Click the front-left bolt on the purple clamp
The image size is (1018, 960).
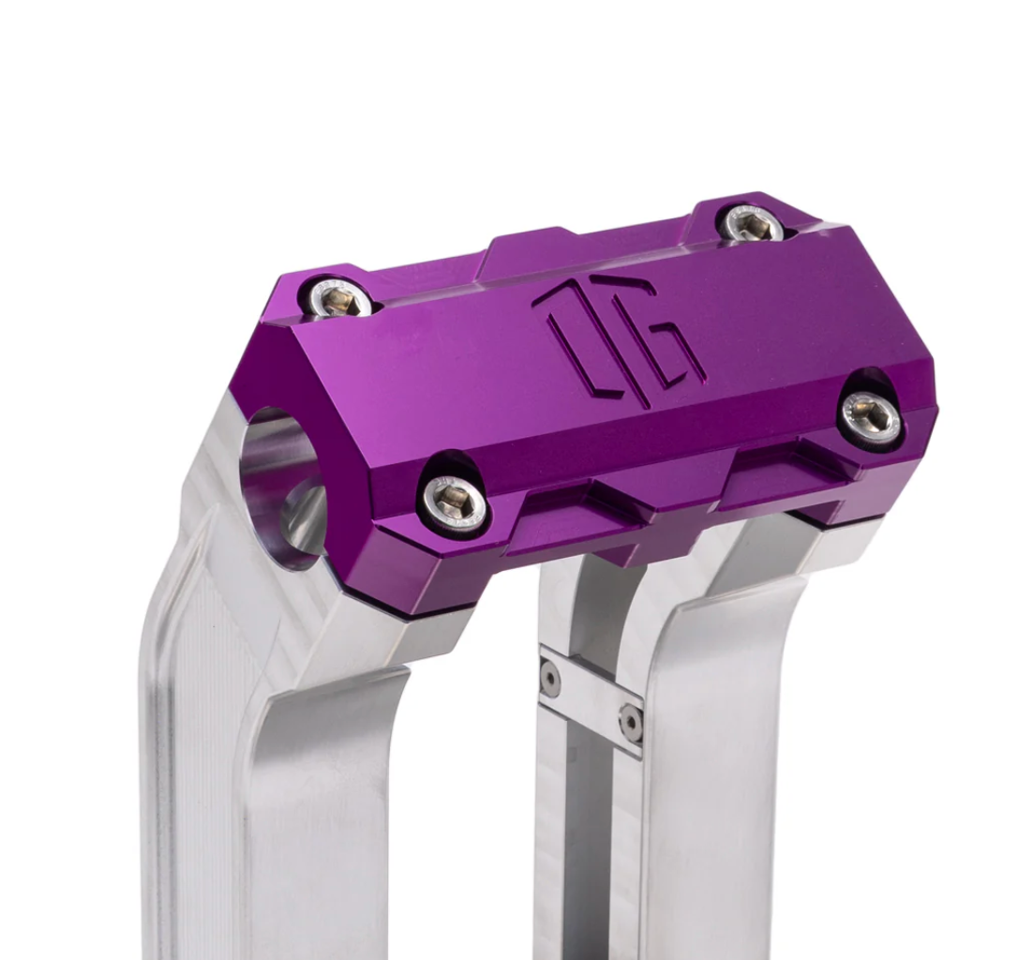(x=455, y=503)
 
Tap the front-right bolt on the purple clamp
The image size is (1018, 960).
(x=870, y=416)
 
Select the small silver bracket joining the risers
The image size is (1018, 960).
(x=591, y=699)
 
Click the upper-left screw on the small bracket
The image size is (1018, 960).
(x=549, y=677)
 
